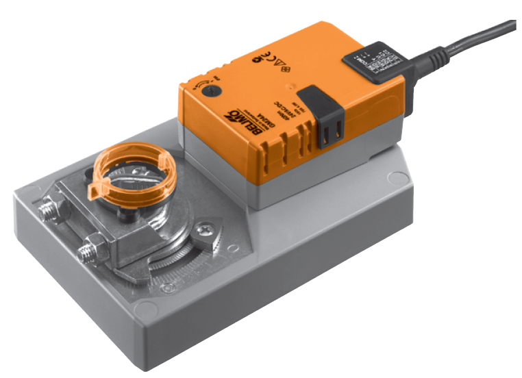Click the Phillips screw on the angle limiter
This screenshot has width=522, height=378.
click(203, 233)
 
